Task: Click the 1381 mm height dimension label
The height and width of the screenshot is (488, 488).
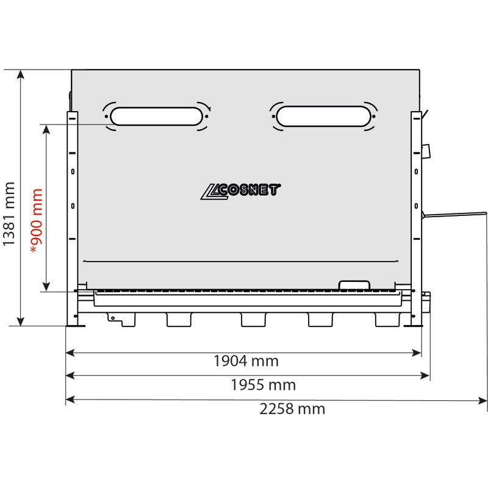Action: tap(9, 214)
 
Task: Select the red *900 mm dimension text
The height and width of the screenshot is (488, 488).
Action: tap(37, 220)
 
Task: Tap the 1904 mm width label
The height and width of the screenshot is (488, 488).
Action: tap(246, 361)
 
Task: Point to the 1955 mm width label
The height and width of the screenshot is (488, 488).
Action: tap(264, 385)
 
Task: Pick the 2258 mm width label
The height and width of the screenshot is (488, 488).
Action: tap(292, 409)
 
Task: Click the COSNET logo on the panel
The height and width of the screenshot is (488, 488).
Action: tap(240, 191)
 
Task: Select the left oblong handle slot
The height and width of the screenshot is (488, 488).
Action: tap(156, 117)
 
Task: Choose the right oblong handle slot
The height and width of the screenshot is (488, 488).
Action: tap(323, 117)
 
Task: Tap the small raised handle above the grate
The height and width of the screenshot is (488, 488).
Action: tap(354, 285)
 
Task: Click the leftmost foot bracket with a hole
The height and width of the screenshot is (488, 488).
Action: tap(122, 319)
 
